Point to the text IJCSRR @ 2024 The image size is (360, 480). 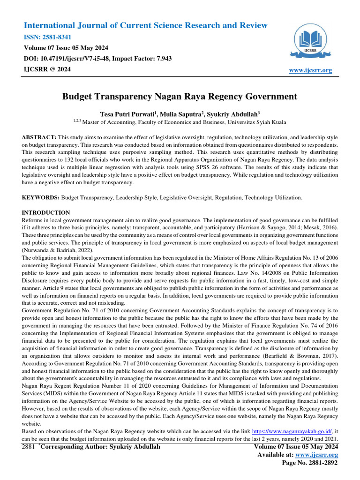click(47, 69)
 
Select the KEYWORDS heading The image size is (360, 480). click(41, 198)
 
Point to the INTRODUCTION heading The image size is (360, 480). click(46, 213)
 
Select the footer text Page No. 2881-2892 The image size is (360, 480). click(309, 463)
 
